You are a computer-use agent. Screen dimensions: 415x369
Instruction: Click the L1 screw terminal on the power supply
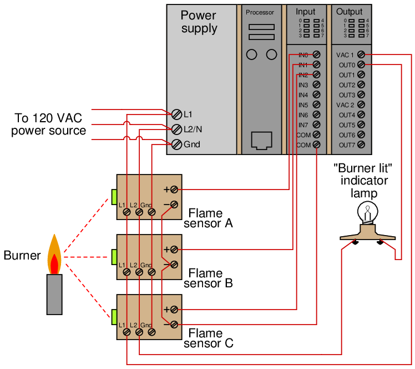176,114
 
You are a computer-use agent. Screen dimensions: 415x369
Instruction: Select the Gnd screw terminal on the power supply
176,144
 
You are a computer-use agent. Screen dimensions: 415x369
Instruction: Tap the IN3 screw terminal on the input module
316,85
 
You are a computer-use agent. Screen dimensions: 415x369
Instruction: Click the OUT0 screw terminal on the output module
361,64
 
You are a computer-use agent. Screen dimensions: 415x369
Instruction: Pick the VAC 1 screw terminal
361,54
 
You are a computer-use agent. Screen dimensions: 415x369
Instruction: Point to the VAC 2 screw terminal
361,104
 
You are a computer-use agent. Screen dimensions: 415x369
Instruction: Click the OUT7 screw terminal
361,144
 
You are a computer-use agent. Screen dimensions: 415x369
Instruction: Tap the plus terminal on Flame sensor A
174,190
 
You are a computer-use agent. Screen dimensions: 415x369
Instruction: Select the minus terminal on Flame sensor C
174,325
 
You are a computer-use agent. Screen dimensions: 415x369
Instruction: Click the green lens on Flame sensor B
114,257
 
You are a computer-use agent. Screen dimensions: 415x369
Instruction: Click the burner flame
54,255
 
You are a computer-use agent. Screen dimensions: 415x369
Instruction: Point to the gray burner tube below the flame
54,295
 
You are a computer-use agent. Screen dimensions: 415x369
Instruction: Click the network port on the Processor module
261,141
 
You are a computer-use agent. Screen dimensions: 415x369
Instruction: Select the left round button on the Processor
251,54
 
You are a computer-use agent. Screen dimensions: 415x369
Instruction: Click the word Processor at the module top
260,12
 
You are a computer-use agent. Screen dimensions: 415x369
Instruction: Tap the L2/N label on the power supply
193,129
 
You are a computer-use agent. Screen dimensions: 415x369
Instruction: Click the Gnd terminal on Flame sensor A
151,212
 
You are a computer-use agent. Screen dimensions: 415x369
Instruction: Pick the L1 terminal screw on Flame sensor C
127,332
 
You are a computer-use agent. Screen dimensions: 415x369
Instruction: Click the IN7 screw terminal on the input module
316,124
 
